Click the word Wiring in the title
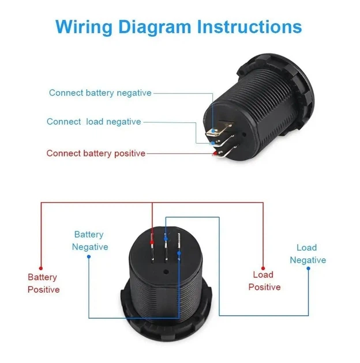coord(84,27)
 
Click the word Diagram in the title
coord(155,27)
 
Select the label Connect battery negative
coord(100,93)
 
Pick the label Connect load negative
coord(94,122)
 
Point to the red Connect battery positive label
coord(96,153)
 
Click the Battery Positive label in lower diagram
coord(44,283)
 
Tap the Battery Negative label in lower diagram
coord(90,241)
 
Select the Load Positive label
coord(264,281)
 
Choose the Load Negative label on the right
coord(308,254)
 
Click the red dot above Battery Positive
coord(41,269)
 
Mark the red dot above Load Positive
coord(263,269)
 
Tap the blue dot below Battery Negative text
coord(89,256)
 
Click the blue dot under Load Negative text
coord(308,269)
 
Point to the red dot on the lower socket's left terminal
coord(152,243)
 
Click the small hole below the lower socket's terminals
coord(166,271)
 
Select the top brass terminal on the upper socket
coord(219,130)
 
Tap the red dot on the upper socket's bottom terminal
coord(215,153)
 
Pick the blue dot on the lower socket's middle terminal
coord(166,239)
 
